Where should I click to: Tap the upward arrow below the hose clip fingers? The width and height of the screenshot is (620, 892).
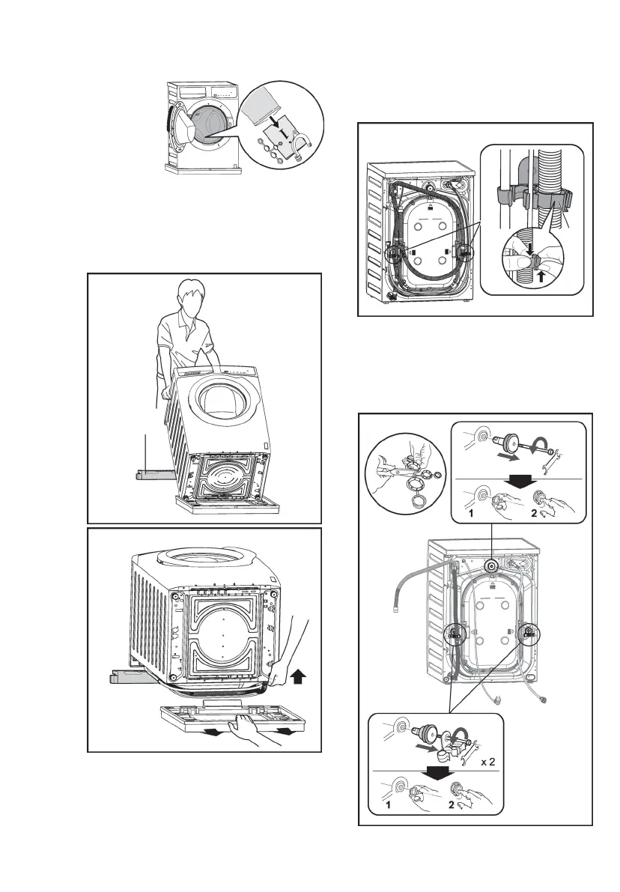540,276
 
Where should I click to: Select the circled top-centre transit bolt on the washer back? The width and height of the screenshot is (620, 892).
491,567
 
